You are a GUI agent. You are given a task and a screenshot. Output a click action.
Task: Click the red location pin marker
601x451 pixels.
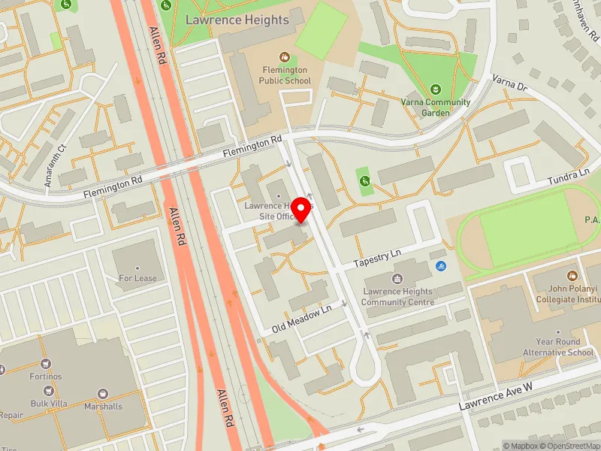pos(302,210)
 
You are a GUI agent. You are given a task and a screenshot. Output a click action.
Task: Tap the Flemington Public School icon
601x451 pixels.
pos(285,56)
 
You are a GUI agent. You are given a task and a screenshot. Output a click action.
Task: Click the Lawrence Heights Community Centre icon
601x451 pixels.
pos(397,279)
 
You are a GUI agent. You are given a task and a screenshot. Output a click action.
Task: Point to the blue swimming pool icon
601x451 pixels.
pos(440,265)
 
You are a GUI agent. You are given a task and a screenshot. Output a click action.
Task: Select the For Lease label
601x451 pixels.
pos(137,277)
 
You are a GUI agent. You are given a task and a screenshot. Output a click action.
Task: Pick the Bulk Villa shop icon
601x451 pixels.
pos(50,390)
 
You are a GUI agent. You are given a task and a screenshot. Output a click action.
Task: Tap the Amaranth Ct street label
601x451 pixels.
pos(52,164)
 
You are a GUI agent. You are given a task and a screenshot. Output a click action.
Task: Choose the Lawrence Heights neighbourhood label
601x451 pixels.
pos(247,20)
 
